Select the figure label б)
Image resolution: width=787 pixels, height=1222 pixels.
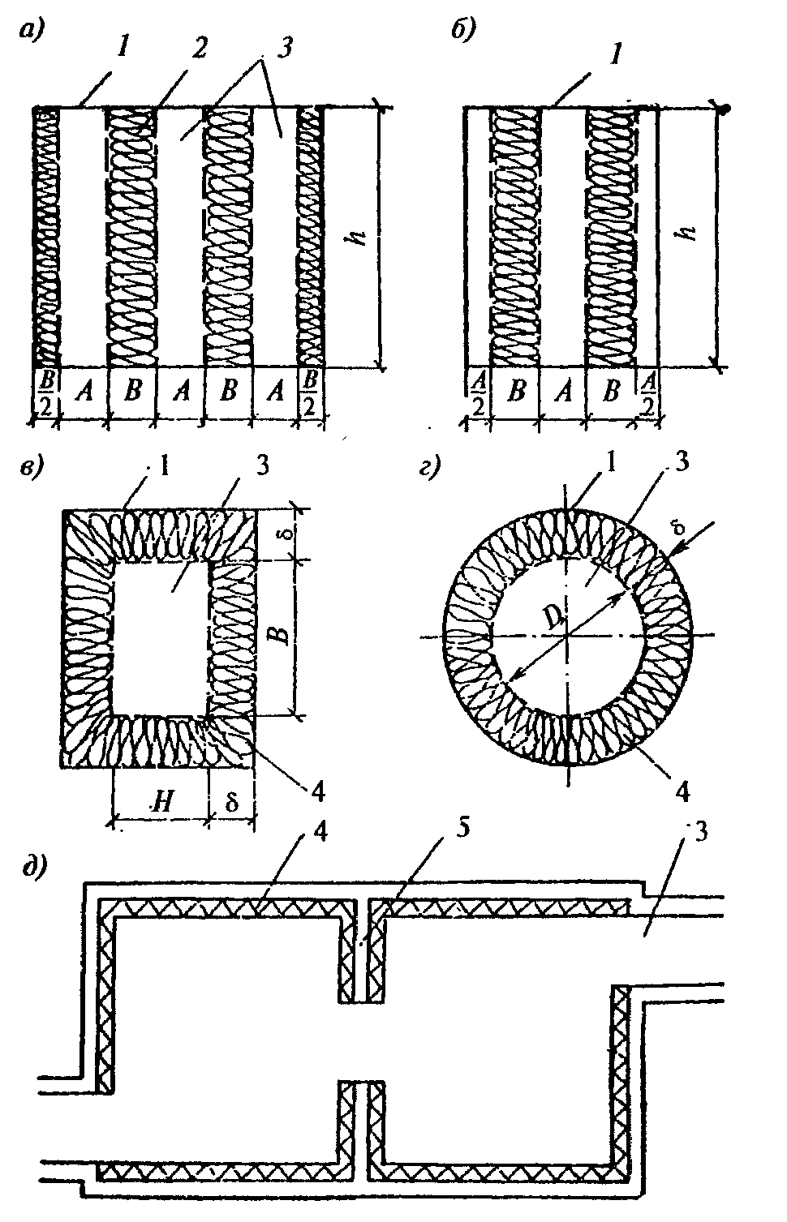[x=464, y=32]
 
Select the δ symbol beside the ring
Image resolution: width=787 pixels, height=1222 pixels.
[x=679, y=529]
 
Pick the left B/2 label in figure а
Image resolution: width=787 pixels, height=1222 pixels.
[x=46, y=394]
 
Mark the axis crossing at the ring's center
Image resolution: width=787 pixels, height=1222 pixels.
[x=567, y=637]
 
